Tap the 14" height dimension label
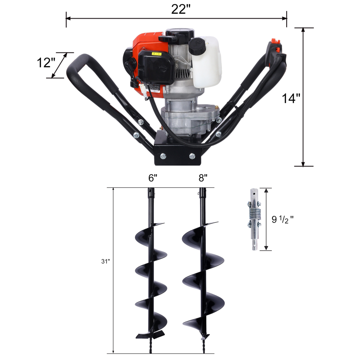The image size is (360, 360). coord(291,98)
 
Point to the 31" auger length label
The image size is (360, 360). coord(105,262)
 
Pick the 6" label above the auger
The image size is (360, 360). coord(153,178)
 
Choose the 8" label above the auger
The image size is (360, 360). coord(203,178)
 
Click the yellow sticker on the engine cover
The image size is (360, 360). coord(158,54)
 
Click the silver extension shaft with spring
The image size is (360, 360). coord(255,219)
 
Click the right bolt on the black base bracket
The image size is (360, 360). coord(192,156)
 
